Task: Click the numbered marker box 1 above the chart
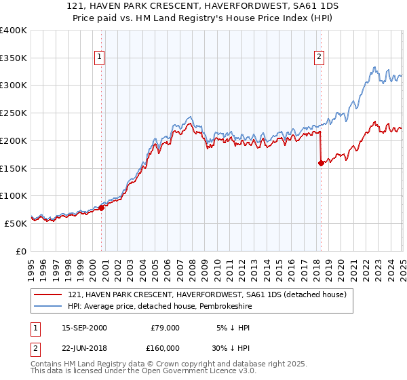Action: click(x=100, y=58)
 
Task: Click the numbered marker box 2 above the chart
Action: click(x=319, y=58)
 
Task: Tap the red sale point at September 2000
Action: click(x=102, y=208)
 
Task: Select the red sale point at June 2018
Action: click(x=321, y=163)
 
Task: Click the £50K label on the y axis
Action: click(x=16, y=223)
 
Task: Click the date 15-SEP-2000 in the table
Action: click(x=84, y=328)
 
